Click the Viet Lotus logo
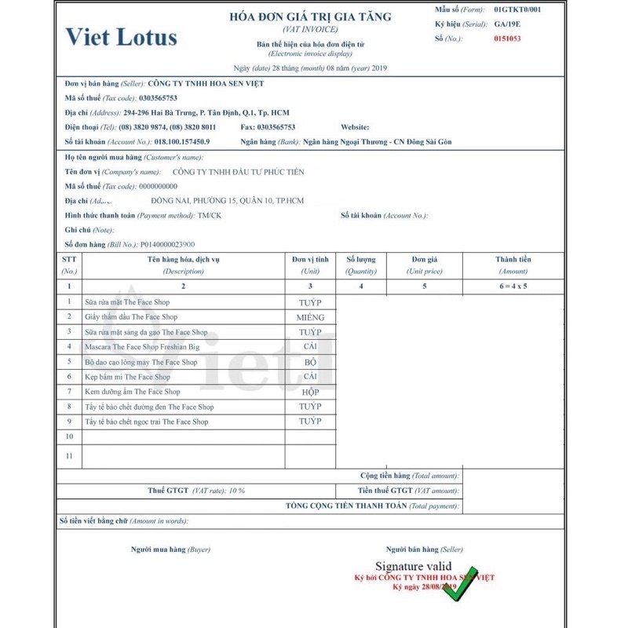pyautogui.click(x=121, y=37)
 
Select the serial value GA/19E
pyautogui.click(x=508, y=24)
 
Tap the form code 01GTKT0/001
pyautogui.click(x=517, y=9)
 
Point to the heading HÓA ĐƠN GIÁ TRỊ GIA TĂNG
pyautogui.click(x=310, y=16)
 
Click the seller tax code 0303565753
pyautogui.click(x=158, y=98)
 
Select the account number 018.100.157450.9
pyautogui.click(x=182, y=142)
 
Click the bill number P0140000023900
pyautogui.click(x=168, y=244)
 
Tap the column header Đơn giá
pyautogui.click(x=424, y=259)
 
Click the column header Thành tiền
pyautogui.click(x=513, y=259)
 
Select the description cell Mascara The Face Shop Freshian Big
pyautogui.click(x=142, y=346)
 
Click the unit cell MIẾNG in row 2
pyautogui.click(x=310, y=317)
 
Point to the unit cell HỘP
pyautogui.click(x=310, y=392)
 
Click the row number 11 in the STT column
pyautogui.click(x=69, y=455)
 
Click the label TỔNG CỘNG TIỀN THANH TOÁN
pyautogui.click(x=346, y=506)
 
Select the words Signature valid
pyautogui.click(x=413, y=566)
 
